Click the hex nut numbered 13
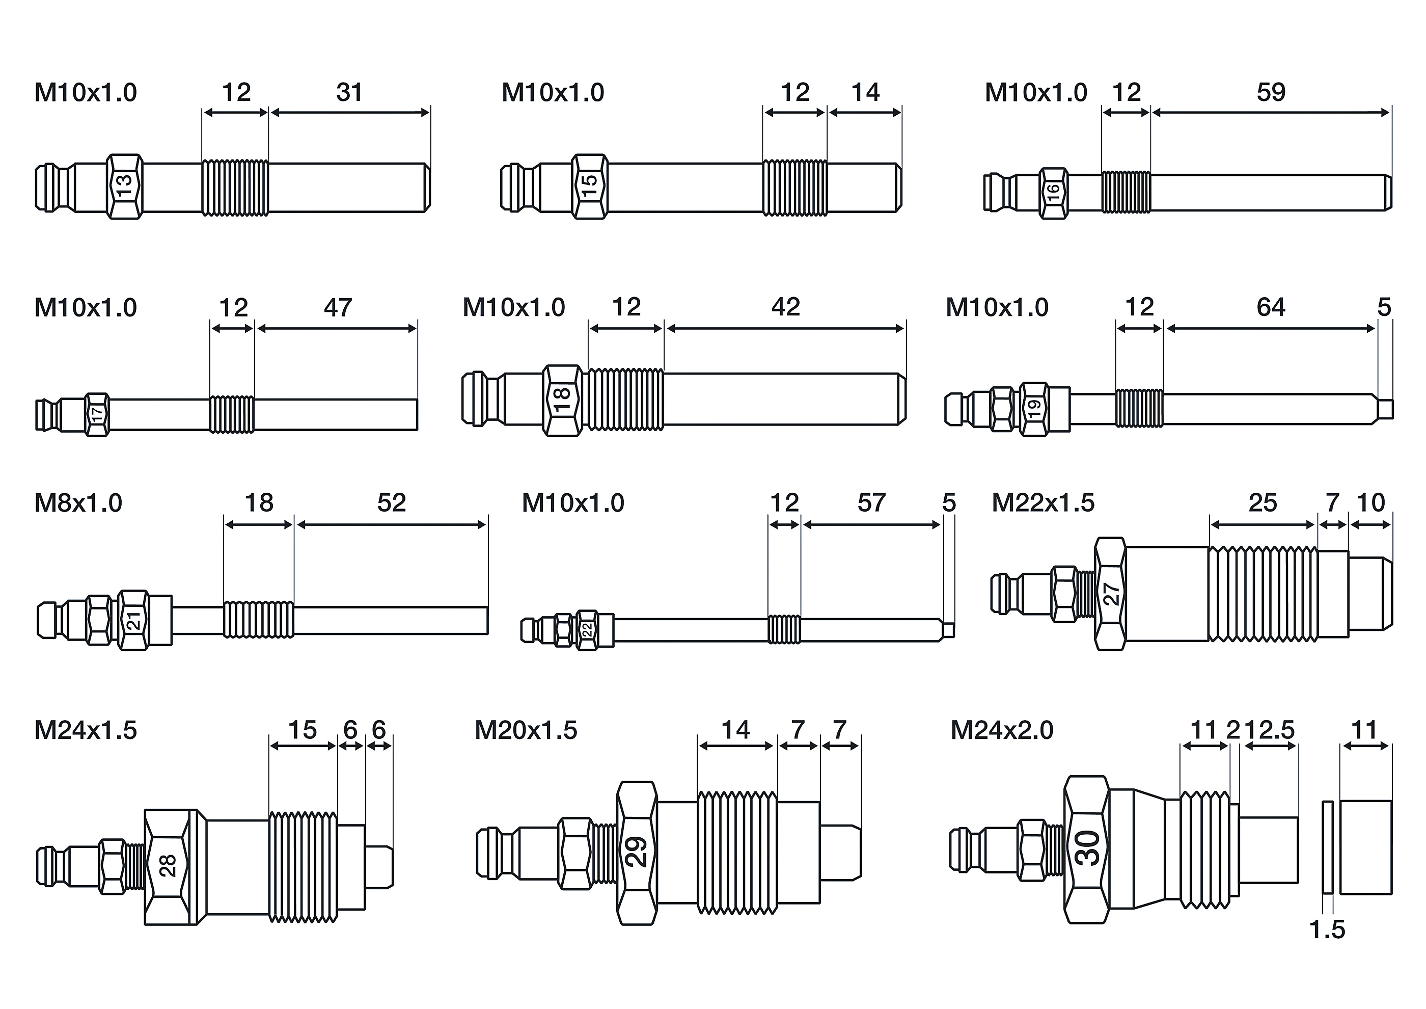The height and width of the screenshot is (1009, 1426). [x=125, y=187]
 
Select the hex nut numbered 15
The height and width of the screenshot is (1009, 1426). [x=589, y=187]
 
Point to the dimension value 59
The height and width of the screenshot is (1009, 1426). [x=1271, y=93]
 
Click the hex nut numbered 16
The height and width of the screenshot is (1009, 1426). [x=1054, y=193]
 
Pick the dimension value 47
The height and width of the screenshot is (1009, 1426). [x=338, y=308]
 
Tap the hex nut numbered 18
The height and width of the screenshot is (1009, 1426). [x=562, y=400]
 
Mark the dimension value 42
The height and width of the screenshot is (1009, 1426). [x=786, y=307]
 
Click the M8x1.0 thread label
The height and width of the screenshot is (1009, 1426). [x=78, y=502]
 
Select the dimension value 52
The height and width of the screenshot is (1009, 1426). [x=391, y=502]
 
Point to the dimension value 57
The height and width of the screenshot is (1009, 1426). [x=871, y=502]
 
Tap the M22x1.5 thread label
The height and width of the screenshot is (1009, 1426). [x=1043, y=502]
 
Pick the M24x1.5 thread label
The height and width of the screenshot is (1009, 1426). [x=86, y=730]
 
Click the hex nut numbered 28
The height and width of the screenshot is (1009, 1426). [x=167, y=867]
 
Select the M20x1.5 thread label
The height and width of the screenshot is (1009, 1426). [x=526, y=730]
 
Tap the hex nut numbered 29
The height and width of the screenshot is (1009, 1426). [x=637, y=853]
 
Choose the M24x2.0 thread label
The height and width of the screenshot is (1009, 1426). [x=1002, y=730]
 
